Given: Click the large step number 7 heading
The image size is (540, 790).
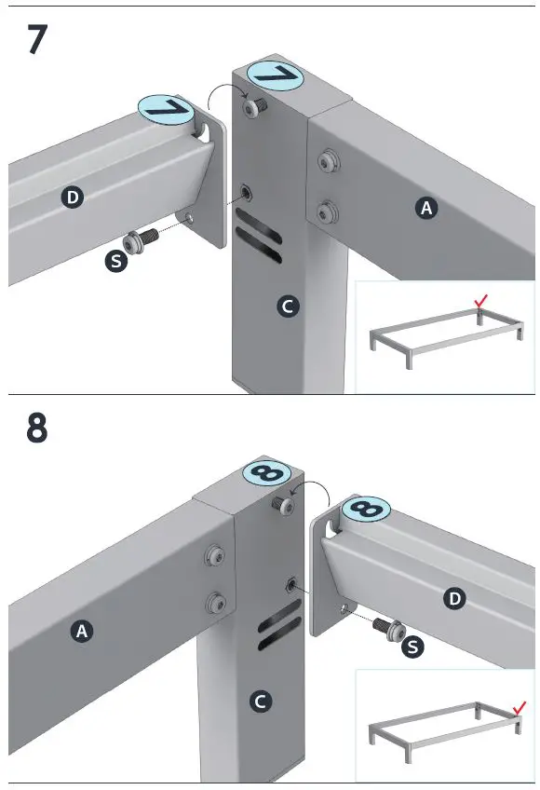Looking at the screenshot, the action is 37,39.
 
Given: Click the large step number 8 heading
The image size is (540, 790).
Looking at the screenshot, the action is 36,429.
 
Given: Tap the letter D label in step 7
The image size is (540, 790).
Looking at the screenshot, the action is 73,197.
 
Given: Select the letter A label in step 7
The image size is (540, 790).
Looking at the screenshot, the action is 426,208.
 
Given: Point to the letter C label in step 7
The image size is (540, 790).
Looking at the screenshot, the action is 287,306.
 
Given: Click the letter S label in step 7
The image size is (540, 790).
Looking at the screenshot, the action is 116,262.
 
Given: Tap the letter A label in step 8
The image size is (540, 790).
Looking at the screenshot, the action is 82,631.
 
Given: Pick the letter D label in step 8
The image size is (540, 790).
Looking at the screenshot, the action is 454,598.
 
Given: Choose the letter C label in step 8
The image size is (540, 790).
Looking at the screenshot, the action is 261,701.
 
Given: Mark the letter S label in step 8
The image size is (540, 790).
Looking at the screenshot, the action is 412,647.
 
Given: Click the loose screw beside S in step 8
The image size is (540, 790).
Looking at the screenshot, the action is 389,629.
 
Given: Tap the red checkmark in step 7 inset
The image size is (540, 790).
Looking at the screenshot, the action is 480,301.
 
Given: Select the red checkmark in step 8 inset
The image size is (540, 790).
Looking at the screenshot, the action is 520,707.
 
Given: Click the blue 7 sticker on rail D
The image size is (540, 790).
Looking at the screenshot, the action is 165,110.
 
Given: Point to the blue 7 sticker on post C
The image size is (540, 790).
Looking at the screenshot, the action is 275,75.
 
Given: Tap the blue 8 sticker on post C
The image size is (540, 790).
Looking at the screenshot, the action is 266,473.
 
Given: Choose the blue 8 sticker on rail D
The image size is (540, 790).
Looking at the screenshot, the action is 366,510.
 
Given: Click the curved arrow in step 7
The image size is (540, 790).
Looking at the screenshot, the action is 228,86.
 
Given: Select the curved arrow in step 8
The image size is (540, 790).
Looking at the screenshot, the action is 315,483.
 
